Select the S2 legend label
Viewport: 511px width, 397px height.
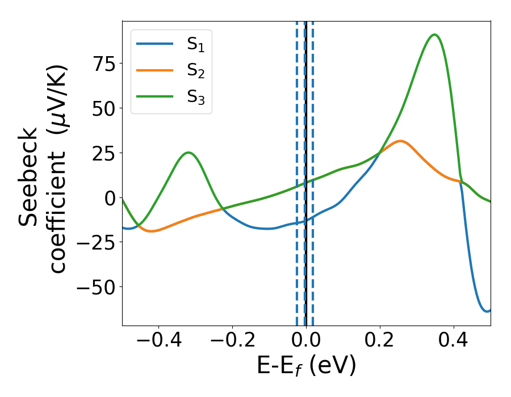click(196, 71)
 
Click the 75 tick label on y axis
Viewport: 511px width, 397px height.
click(102, 64)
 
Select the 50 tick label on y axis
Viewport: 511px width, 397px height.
click(102, 108)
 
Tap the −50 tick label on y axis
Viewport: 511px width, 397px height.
click(95, 288)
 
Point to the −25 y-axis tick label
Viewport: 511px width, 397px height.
click(95, 243)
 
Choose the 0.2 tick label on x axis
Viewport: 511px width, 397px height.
click(380, 342)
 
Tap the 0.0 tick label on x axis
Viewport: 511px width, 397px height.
click(306, 342)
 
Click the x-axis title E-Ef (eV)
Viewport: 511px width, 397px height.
click(306, 367)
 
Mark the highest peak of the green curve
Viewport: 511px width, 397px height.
click(434, 35)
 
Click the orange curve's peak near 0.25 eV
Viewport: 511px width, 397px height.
click(400, 141)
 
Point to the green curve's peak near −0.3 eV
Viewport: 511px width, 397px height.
click(189, 152)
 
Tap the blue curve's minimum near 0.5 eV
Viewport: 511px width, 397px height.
click(487, 311)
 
